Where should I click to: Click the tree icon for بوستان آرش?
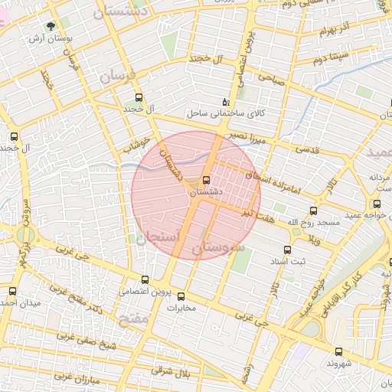click(51, 25)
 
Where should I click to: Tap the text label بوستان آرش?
click(51, 38)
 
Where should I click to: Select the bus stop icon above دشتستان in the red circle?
click(204, 181)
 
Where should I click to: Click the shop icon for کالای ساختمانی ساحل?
click(224, 101)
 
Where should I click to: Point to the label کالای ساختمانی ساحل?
click(224, 113)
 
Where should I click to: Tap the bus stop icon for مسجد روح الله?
click(313, 211)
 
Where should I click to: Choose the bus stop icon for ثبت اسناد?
click(288, 250)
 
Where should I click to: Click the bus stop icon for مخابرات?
click(181, 296)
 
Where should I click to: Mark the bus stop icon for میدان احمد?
click(11, 290)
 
